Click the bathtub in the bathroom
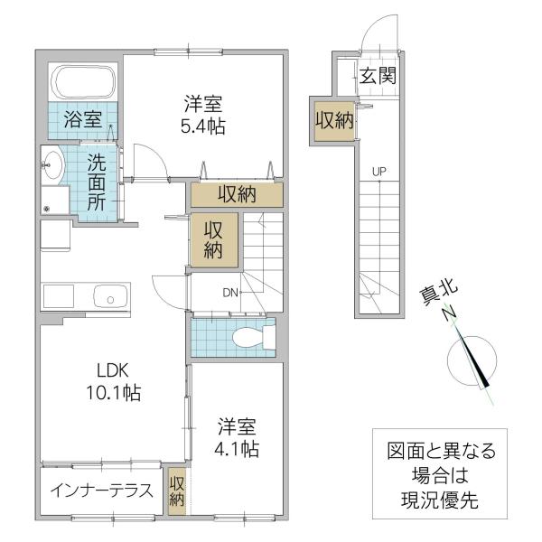coord(83,82)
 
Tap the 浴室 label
coord(83,119)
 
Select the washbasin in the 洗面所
coord(52,165)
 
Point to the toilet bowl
coord(248,337)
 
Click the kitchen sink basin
coord(110,296)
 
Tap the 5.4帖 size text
coord(203,126)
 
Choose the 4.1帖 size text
coord(237,449)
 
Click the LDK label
coord(113,371)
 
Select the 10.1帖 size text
coord(114,393)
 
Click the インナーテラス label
coord(101,491)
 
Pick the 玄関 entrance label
coord(378,75)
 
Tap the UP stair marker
coord(379,171)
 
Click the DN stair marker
coord(230,293)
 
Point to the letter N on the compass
coord(450,313)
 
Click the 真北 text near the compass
coord(438,292)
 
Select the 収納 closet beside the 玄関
coord(334,121)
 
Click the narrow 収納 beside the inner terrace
coord(177,491)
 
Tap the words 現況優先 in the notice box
coord(440,500)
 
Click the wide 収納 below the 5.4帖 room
coord(237,194)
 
